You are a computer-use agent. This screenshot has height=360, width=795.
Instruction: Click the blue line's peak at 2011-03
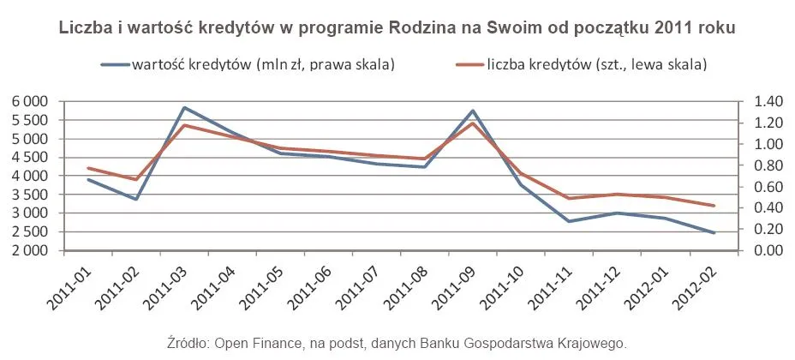click(x=184, y=108)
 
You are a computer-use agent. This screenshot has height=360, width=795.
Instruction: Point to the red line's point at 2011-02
click(x=136, y=179)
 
